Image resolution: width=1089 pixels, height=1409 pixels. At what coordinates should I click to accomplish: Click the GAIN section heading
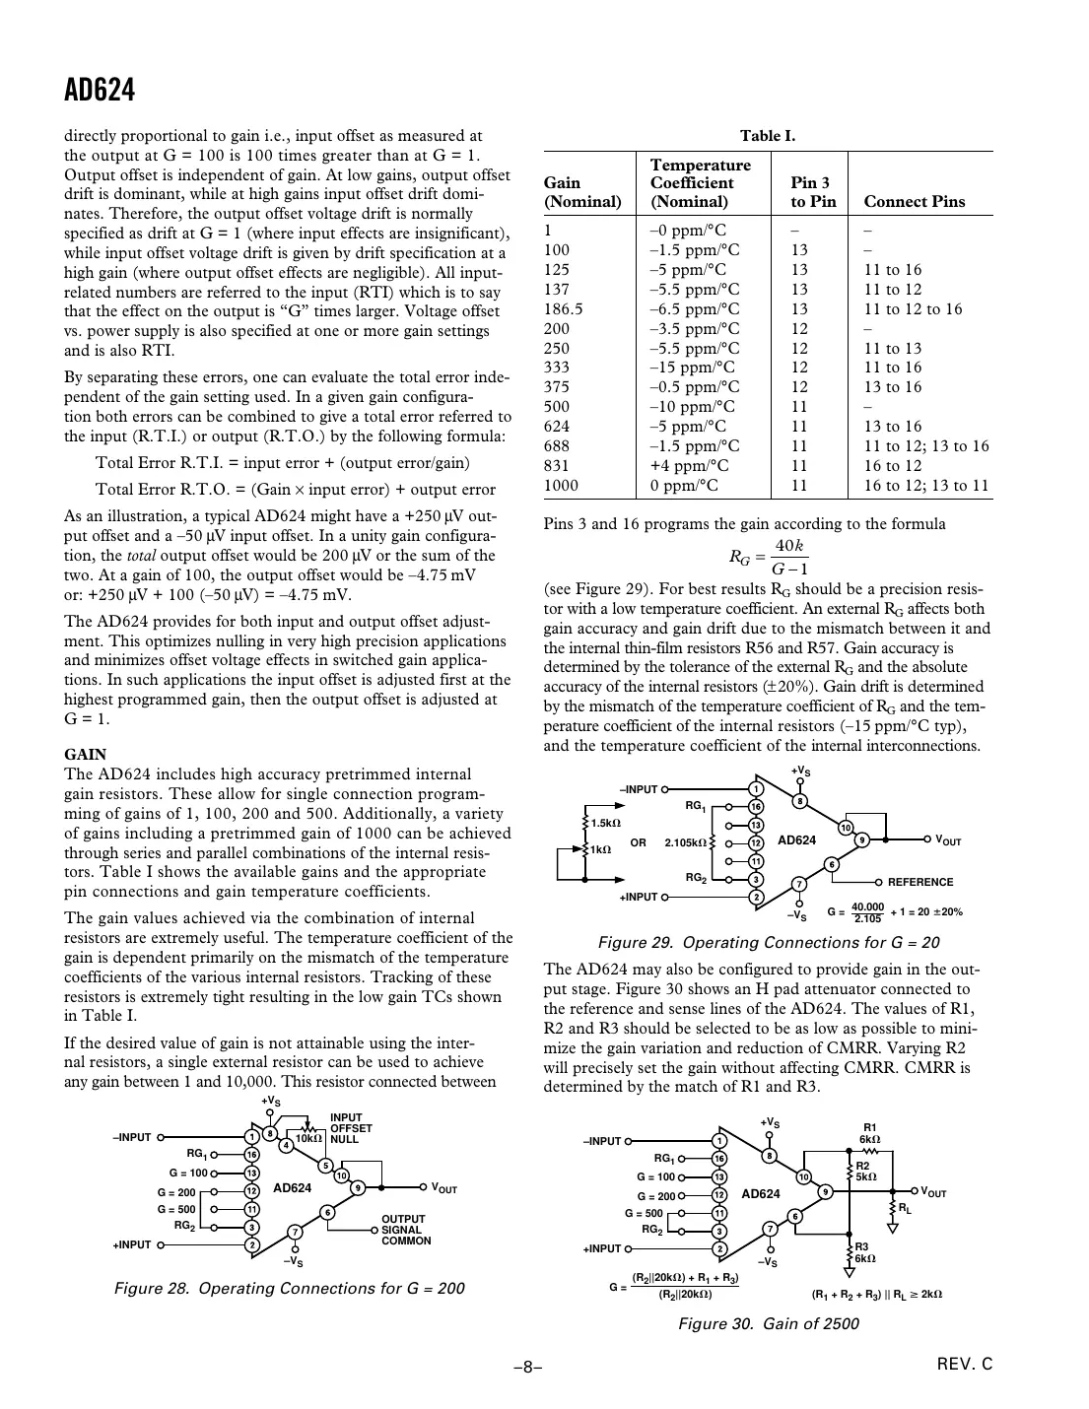click(85, 755)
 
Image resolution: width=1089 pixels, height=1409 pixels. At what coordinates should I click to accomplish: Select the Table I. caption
click(768, 136)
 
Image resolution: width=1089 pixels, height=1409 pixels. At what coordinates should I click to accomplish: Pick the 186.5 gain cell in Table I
click(564, 309)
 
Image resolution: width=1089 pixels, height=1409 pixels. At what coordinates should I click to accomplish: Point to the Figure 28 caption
click(290, 1289)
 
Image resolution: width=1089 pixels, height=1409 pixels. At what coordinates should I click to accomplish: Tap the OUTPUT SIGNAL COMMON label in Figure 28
click(406, 1230)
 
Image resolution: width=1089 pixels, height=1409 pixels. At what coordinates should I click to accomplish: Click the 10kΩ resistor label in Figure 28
click(309, 1138)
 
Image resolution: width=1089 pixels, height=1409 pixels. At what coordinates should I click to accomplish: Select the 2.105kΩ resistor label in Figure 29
click(685, 843)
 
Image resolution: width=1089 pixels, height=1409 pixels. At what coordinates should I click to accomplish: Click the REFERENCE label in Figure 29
click(920, 883)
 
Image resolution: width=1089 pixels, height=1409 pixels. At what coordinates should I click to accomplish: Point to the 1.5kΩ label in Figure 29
click(605, 823)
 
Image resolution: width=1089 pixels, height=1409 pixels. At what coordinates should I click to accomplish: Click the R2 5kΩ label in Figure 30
click(865, 1172)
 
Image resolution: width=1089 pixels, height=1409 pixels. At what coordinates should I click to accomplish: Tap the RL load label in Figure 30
click(904, 1206)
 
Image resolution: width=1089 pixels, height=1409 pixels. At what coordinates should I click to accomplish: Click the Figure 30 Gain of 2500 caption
click(768, 1323)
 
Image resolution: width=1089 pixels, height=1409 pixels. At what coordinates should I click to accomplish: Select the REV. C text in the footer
click(965, 1365)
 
